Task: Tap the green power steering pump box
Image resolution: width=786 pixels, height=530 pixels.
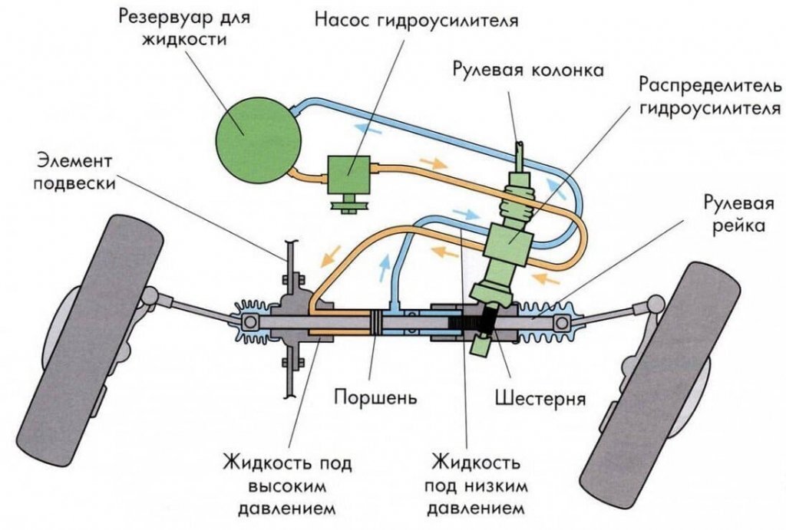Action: click(349, 174)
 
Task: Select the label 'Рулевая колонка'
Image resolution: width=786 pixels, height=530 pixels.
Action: click(528, 71)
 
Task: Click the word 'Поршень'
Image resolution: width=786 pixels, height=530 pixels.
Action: click(375, 398)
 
